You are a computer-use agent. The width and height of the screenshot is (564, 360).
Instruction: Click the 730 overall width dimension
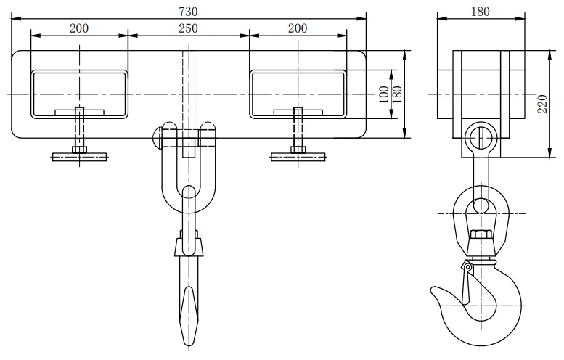click(188, 12)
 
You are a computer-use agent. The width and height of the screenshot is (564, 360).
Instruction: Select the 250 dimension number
click(188, 28)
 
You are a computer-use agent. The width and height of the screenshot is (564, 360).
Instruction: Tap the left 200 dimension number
click(79, 28)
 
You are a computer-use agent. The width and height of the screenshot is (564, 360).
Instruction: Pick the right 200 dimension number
click(298, 28)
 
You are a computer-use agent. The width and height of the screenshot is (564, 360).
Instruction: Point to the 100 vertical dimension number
click(384, 94)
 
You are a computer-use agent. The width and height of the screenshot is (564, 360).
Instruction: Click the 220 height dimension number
click(542, 104)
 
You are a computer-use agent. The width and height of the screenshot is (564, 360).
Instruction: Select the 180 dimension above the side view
click(481, 12)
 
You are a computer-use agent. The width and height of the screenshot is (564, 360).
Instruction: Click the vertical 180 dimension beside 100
click(397, 94)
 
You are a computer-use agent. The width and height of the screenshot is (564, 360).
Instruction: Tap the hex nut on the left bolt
click(80, 150)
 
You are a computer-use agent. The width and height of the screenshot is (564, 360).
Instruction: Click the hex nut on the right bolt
click(298, 150)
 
